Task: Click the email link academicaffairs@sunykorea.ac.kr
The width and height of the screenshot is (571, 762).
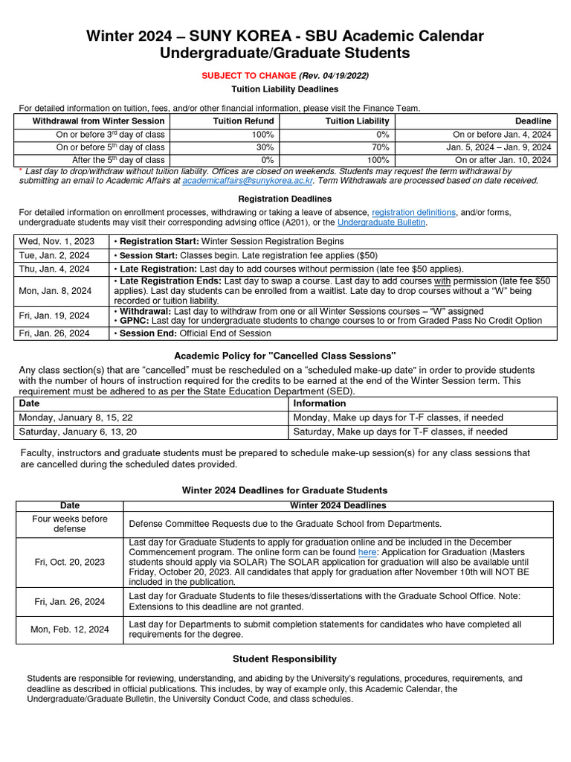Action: coord(248,181)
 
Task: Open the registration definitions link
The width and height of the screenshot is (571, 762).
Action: coord(413,213)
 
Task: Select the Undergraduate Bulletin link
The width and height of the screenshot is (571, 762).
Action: coord(381,222)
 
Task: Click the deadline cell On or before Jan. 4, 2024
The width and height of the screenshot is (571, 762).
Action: coord(502,135)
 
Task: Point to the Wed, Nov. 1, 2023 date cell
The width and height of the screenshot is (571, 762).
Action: coord(57,241)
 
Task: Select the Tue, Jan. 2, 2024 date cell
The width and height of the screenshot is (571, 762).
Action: coord(54,255)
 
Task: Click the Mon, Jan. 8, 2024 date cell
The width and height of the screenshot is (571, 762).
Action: coord(56,291)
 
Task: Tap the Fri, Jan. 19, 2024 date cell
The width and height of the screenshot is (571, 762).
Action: coord(54,316)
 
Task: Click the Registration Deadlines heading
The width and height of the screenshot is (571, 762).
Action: coord(285,199)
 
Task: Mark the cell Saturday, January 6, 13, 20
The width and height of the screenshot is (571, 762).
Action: coord(78,432)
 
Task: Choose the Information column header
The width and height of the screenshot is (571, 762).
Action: coord(319,403)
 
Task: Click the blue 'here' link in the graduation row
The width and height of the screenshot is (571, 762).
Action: coord(367,553)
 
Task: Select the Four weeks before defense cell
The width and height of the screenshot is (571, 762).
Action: coord(70,524)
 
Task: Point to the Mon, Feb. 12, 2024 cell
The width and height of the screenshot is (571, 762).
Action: coord(70,630)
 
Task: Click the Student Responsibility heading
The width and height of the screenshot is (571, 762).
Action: coord(285,659)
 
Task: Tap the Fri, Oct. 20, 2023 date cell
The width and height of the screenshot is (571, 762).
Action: coord(70,562)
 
